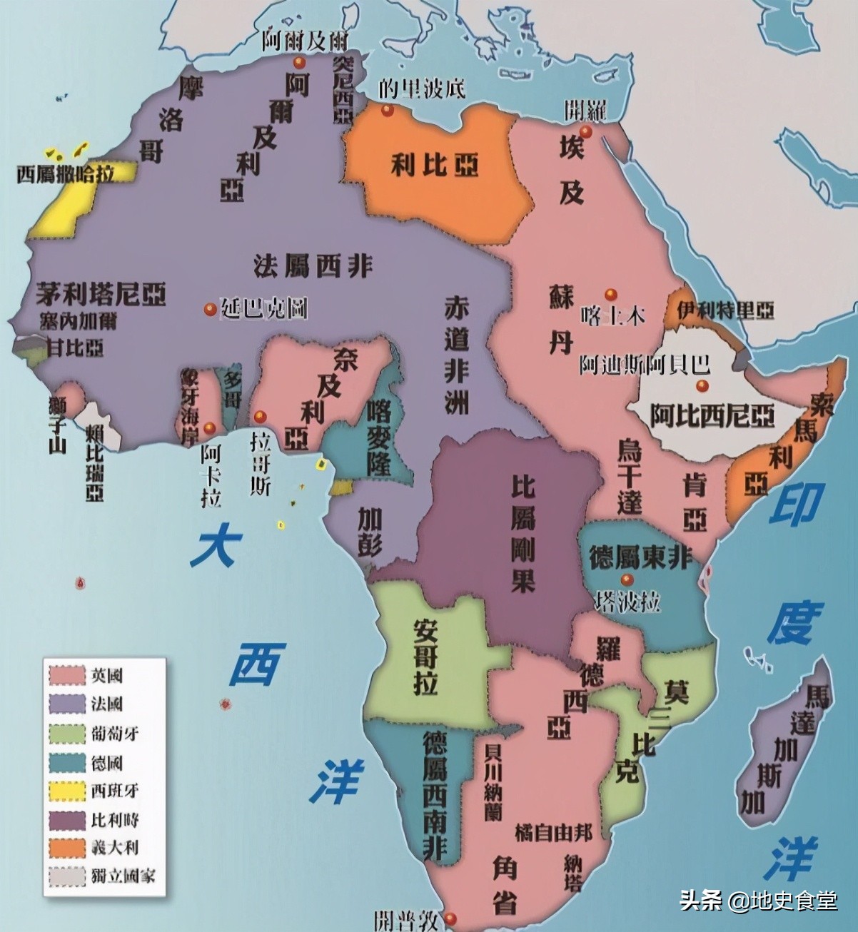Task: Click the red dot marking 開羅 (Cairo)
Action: pyautogui.click(x=585, y=132)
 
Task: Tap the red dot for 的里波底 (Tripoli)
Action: pyautogui.click(x=387, y=111)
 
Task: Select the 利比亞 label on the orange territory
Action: pyautogui.click(x=434, y=166)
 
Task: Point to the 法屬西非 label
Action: pyautogui.click(x=313, y=265)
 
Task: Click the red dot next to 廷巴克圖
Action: pyautogui.click(x=210, y=310)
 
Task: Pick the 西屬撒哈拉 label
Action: pyautogui.click(x=65, y=174)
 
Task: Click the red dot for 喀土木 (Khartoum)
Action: pyautogui.click(x=610, y=294)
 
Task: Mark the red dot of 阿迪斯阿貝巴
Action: pyautogui.click(x=702, y=386)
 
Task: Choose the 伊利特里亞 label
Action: pyautogui.click(x=725, y=310)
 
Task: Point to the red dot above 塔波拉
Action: pyautogui.click(x=626, y=579)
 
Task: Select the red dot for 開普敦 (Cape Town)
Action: pyautogui.click(x=450, y=917)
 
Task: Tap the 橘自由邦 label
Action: pyautogui.click(x=553, y=831)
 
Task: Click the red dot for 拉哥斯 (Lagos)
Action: pyautogui.click(x=260, y=415)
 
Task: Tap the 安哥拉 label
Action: pyautogui.click(x=426, y=655)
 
